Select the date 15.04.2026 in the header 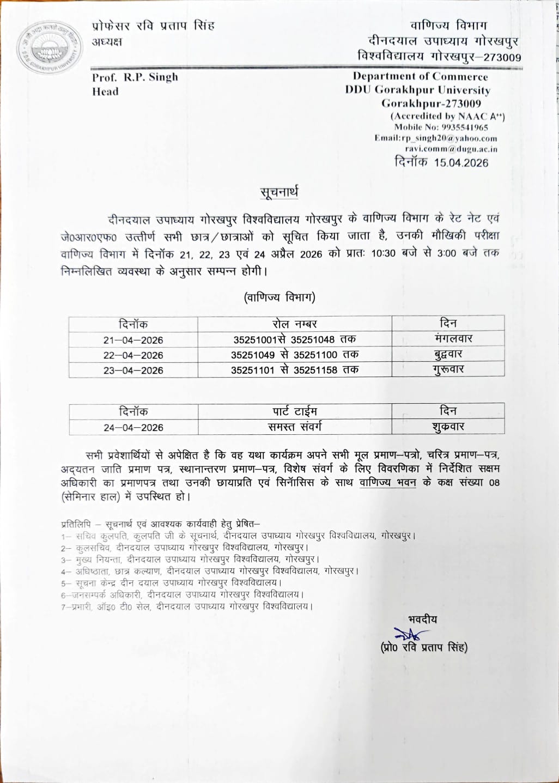point(461,162)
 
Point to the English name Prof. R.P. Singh point(135,77)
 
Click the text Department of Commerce point(420,77)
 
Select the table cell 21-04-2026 point(133,340)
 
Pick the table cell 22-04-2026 point(133,355)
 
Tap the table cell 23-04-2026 point(133,370)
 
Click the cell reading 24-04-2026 point(133,428)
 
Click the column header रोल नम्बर point(295,324)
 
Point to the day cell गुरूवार point(448,369)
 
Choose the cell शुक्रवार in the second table point(448,427)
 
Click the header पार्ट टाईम point(295,411)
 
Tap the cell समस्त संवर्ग point(295,427)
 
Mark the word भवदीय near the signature point(422,620)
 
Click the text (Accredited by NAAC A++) point(447,116)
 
